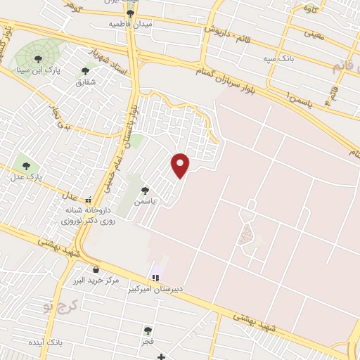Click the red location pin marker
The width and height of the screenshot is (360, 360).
pos(181,164)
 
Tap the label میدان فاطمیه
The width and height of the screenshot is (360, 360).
pos(130,24)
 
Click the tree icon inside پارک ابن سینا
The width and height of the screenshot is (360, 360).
pos(36,60)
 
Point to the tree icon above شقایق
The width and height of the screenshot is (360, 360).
pos(86,70)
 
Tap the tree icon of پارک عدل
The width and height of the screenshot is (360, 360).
pos(27,167)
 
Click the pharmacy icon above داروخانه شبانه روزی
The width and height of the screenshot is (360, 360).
pos(88,200)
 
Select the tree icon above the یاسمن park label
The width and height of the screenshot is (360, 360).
pos(145,191)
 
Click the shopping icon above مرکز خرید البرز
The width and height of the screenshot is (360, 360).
pos(96,269)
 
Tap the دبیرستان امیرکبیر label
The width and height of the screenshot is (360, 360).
pos(155,289)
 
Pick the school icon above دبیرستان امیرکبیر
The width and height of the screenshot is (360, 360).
pos(155,278)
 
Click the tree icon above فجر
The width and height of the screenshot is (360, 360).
pos(148,330)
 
